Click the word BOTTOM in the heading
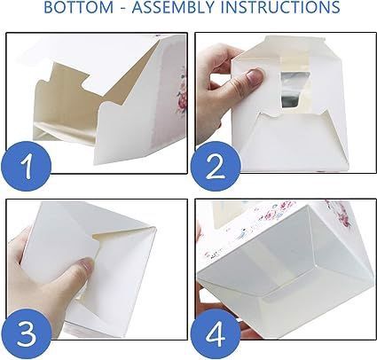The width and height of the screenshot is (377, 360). pos(79,7)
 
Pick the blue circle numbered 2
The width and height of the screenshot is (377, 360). pos(215,167)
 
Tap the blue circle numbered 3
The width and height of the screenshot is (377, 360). pos(26,334)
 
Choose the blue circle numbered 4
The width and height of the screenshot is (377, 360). pos(215,334)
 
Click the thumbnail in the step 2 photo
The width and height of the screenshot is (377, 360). pos(255,75)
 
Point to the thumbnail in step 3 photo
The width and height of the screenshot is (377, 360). pos(87,264)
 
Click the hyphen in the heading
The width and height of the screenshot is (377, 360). pos(122,8)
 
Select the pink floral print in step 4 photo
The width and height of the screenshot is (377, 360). pos(337,213)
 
